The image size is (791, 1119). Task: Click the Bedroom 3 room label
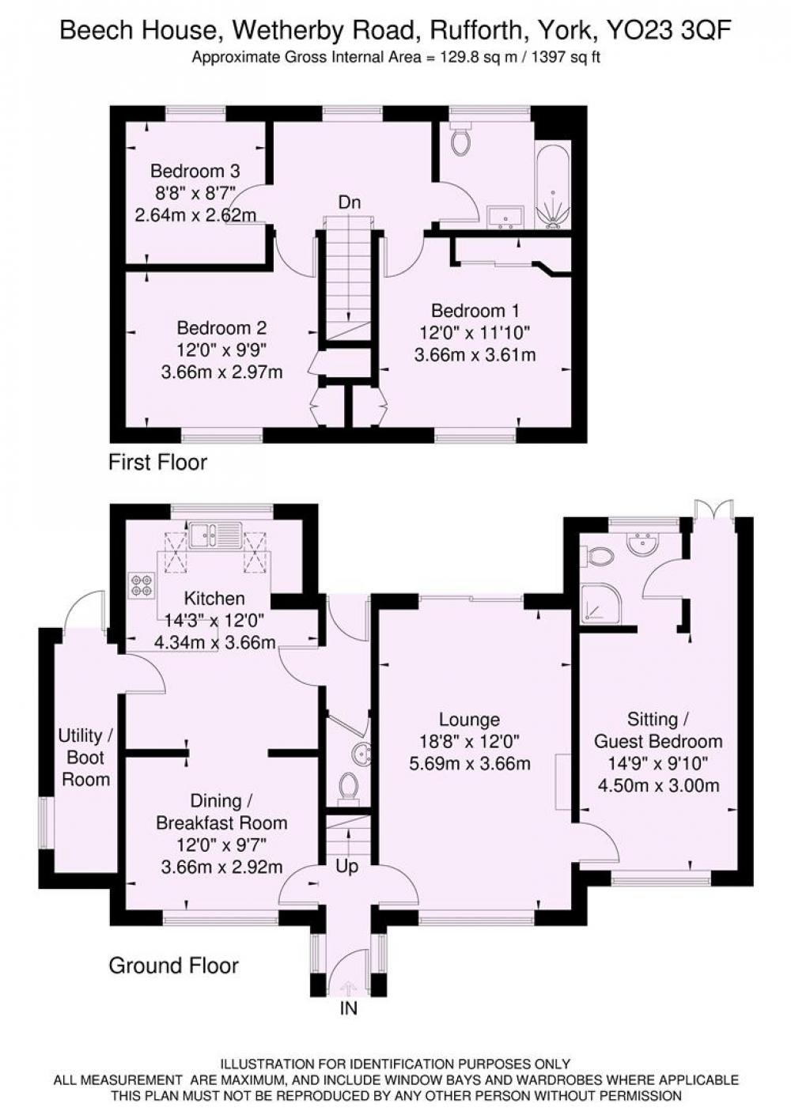195,172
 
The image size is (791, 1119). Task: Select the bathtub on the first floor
553,184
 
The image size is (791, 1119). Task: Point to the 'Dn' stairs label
350,202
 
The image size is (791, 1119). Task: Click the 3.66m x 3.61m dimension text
475,355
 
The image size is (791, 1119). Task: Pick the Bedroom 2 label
221,328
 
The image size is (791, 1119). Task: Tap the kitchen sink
215,535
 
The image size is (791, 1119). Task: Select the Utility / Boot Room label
85,758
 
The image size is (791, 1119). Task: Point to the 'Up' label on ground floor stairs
346,867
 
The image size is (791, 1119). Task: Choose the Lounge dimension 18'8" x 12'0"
469,742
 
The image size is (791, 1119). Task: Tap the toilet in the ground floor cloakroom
348,788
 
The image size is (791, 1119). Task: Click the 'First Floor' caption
157,462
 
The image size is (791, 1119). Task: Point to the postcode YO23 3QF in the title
668,31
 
